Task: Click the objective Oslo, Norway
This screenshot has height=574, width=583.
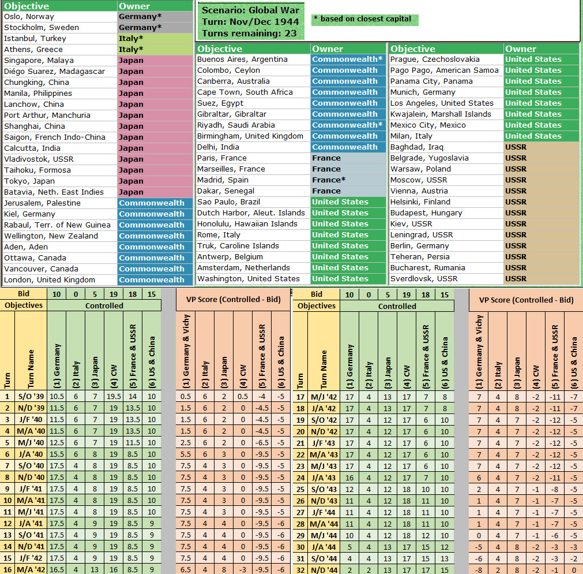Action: [29, 17]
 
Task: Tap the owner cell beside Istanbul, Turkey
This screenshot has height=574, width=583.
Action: [155, 39]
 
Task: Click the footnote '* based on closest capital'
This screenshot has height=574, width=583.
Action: [363, 19]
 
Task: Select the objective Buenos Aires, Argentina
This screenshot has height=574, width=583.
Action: [242, 59]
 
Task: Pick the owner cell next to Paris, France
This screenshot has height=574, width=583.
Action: [348, 158]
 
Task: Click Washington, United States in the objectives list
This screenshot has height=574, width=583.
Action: [248, 279]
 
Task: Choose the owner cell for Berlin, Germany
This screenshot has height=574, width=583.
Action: [540, 246]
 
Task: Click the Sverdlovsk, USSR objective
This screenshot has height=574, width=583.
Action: [424, 279]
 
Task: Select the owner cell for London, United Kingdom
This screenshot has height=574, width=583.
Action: [155, 280]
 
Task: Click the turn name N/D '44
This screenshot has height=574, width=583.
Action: [325, 570]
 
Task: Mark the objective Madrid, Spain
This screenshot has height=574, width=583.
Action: [223, 180]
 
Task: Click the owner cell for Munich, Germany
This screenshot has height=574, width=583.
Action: [540, 92]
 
